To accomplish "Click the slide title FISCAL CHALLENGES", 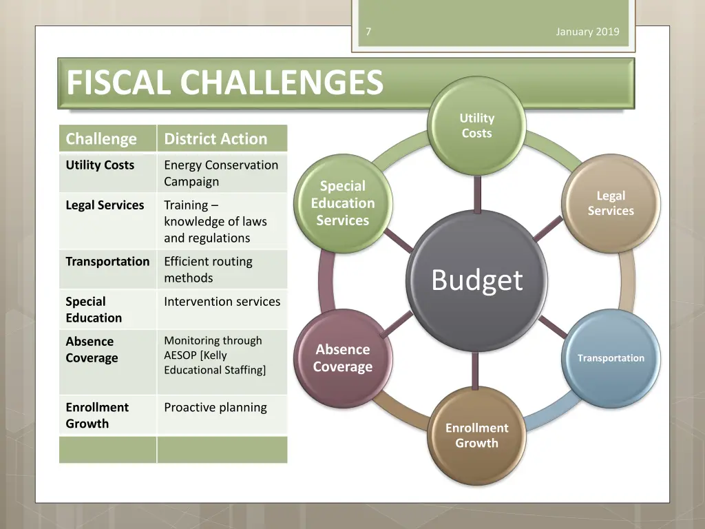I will click(x=224, y=83).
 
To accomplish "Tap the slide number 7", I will click(x=368, y=32).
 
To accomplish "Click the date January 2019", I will click(x=587, y=32).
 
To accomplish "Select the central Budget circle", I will click(x=476, y=280).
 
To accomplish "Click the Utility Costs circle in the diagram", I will click(x=476, y=125).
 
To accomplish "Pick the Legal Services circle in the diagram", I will click(x=610, y=203).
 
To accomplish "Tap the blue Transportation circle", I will click(x=610, y=358).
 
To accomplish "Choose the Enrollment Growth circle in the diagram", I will click(x=476, y=435).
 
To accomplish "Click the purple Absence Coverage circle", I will click(x=343, y=358).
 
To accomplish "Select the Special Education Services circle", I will click(x=343, y=203).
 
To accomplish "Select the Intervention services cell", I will click(x=222, y=302).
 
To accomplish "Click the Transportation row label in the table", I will click(x=107, y=262).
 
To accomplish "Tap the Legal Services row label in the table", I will click(x=105, y=205).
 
